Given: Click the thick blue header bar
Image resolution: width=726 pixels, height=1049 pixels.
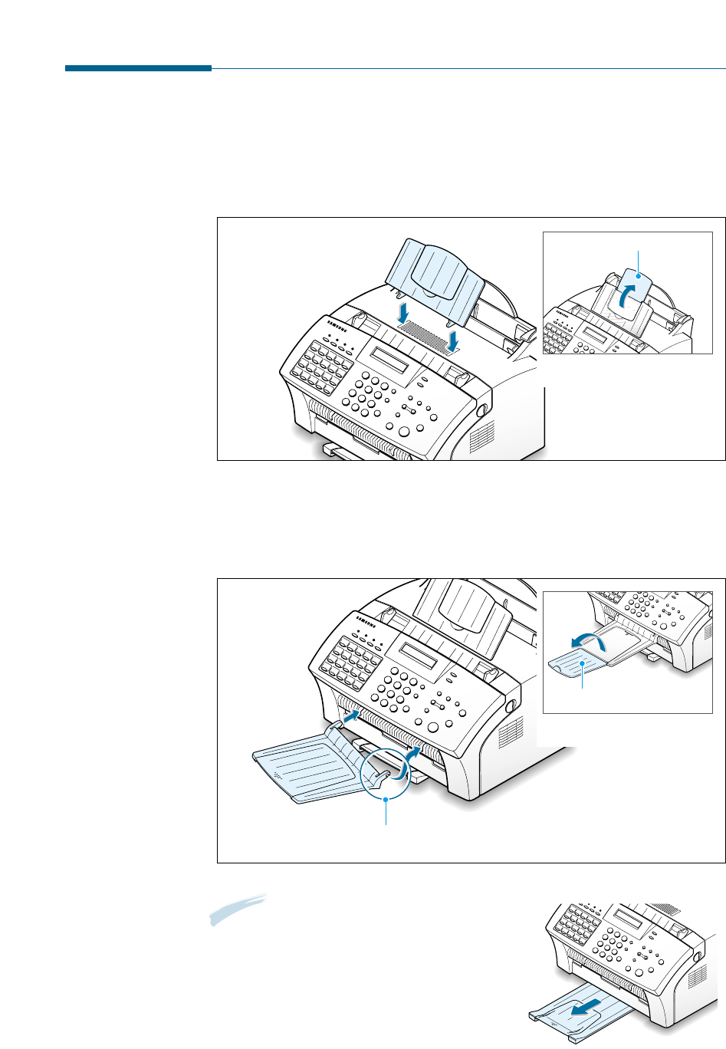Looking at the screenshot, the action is (x=138, y=69).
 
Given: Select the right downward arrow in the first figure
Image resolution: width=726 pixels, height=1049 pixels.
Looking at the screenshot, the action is (x=454, y=338).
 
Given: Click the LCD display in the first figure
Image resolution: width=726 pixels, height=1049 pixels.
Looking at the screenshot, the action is (x=388, y=360).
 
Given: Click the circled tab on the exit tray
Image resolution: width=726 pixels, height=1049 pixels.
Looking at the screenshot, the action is (x=386, y=774).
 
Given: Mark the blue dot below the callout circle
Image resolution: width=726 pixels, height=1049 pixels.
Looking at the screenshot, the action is (x=386, y=800).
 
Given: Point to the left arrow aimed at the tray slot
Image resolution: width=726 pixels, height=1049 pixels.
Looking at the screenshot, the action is (x=350, y=717).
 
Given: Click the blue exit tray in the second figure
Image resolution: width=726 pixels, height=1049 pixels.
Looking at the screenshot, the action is (x=307, y=767).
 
